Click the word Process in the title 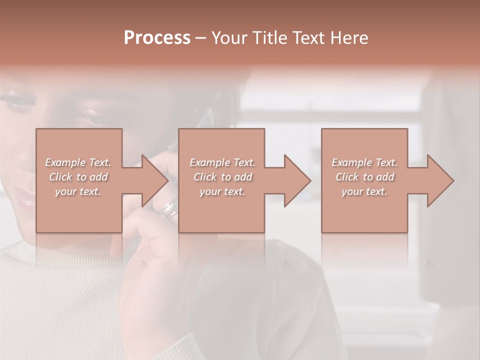pyautogui.click(x=157, y=38)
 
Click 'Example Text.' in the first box pyautogui.click(x=78, y=162)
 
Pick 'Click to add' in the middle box pyautogui.click(x=222, y=177)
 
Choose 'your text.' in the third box pyautogui.click(x=364, y=191)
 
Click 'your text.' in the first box pyautogui.click(x=78, y=191)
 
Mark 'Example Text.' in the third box pyautogui.click(x=364, y=162)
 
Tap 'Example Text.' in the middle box pyautogui.click(x=222, y=162)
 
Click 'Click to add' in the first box pyautogui.click(x=78, y=177)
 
